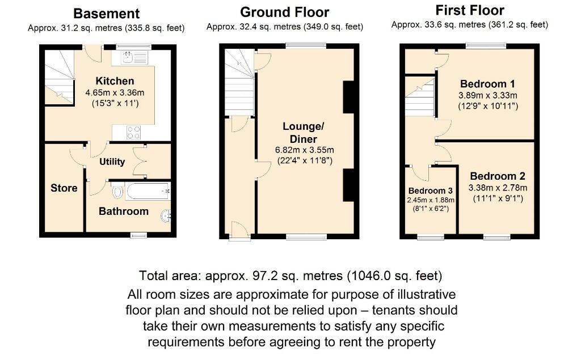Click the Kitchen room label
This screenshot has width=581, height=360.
(115, 81)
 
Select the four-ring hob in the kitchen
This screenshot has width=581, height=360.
(133, 132)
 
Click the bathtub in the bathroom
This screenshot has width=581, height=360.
(147, 191)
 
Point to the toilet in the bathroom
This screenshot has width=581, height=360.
(117, 192)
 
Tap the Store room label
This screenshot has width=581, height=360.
(64, 188)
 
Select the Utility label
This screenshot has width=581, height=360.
(112, 162)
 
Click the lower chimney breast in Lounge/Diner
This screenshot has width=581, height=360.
(350, 185)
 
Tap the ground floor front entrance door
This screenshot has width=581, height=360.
(239, 230)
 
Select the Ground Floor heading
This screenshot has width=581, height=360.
(284, 12)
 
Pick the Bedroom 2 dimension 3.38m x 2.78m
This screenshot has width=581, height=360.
(498, 188)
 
